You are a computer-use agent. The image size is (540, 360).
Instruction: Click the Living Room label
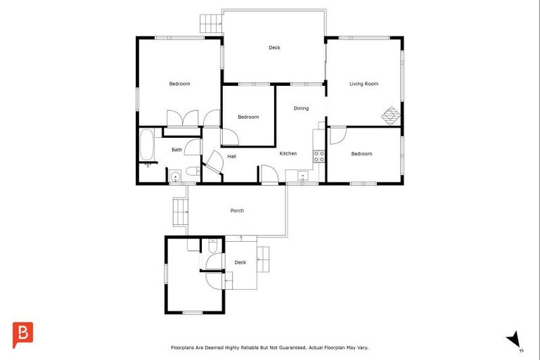[364, 84]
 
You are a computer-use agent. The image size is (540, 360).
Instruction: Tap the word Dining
[301, 108]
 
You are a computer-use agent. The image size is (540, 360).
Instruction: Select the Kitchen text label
[288, 153]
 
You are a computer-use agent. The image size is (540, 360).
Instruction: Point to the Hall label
[231, 156]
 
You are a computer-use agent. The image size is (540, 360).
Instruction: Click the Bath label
[176, 149]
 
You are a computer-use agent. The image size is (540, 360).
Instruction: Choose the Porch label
[237, 210]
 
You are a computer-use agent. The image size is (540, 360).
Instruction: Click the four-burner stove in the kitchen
[319, 156]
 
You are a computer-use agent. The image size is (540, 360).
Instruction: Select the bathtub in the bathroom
[148, 145]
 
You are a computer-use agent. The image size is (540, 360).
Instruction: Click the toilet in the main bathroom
[191, 175]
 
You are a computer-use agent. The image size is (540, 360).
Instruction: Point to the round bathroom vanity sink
[174, 176]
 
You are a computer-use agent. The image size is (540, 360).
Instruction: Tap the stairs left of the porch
[179, 211]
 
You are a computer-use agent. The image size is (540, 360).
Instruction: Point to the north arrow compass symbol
[514, 339]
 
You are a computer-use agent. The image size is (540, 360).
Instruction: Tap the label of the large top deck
[274, 48]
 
